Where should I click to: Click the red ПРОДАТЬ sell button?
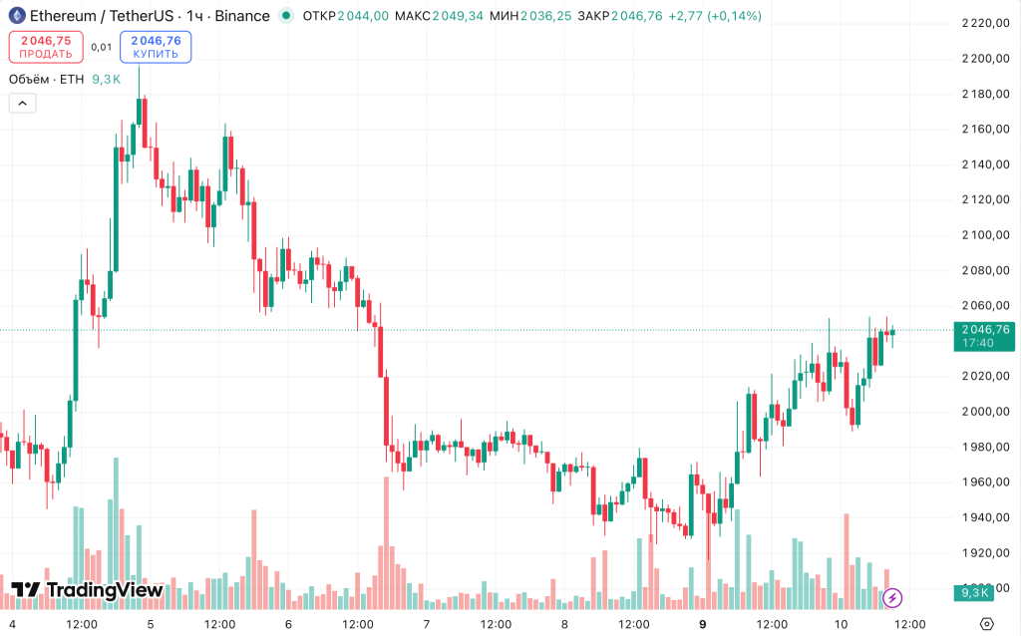pyautogui.click(x=46, y=47)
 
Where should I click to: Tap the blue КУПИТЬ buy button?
pyautogui.click(x=156, y=47)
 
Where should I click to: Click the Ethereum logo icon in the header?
pyautogui.click(x=17, y=16)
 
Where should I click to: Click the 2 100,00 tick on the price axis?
pyautogui.click(x=986, y=235)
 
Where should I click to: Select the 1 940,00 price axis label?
pyautogui.click(x=986, y=517)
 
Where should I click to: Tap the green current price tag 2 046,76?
pyautogui.click(x=985, y=336)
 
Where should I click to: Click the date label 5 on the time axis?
pyautogui.click(x=151, y=624)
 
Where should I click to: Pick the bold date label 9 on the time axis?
pyautogui.click(x=703, y=624)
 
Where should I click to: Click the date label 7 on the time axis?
pyautogui.click(x=427, y=624)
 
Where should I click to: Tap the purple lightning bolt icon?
pyautogui.click(x=893, y=597)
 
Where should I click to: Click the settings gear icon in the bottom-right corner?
pyautogui.click(x=986, y=624)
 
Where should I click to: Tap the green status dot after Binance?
pyautogui.click(x=286, y=16)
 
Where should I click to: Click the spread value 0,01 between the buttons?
pyautogui.click(x=101, y=47)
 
